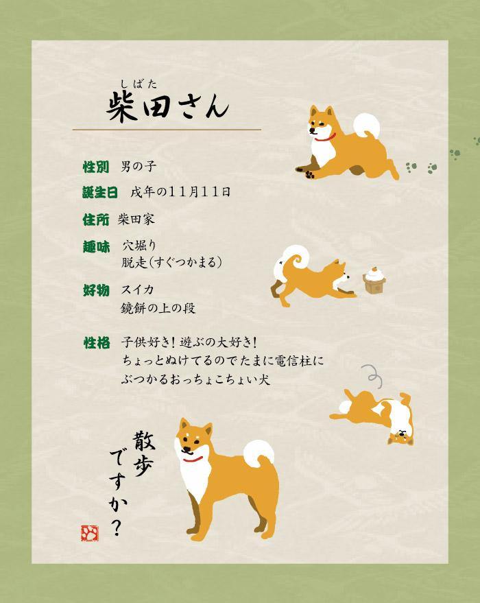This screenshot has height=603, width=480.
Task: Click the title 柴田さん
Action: tap(167, 107)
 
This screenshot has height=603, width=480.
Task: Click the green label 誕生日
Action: tap(100, 192)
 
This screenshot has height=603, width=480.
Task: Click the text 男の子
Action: tap(139, 166)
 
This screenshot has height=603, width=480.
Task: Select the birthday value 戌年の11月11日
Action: tap(180, 192)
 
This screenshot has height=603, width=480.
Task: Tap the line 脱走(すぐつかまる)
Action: tap(171, 263)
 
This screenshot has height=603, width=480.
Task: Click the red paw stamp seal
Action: tap(90, 532)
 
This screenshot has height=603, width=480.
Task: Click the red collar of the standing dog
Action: tap(193, 459)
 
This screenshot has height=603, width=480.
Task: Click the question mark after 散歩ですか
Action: tap(117, 526)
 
